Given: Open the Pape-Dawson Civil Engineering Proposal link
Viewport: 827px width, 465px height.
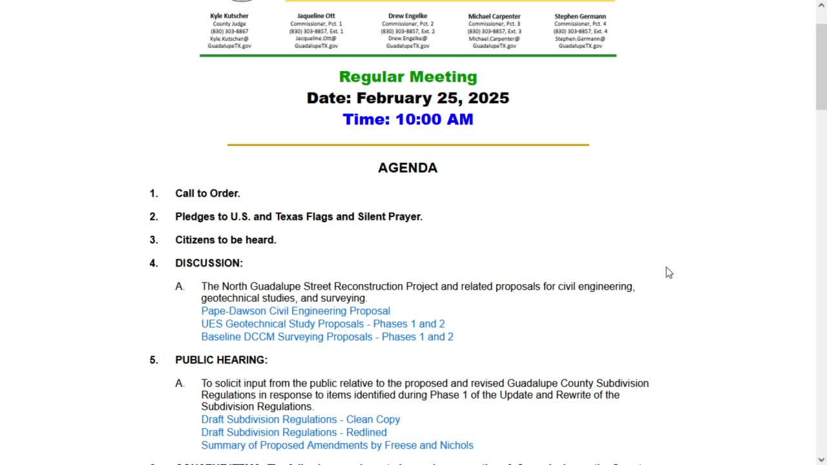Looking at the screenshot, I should (295, 311).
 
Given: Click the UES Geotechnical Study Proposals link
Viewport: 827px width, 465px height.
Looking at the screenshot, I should (322, 324).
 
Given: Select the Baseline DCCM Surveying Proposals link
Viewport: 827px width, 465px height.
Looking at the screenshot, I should (327, 336).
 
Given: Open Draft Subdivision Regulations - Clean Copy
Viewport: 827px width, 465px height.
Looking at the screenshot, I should (300, 419).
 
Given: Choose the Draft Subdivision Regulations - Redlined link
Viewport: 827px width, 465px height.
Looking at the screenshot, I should (293, 432).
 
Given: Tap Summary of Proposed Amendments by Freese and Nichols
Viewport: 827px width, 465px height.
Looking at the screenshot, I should (337, 445).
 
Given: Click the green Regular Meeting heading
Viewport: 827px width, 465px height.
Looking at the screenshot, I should (408, 77).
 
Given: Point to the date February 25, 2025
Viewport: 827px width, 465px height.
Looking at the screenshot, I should (408, 98).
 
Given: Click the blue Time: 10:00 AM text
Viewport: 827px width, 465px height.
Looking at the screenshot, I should (408, 119).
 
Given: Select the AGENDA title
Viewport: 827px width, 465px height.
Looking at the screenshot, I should (408, 168).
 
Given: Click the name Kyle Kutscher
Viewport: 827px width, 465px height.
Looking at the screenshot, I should (229, 16).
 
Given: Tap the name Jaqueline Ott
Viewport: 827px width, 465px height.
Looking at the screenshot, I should (316, 16).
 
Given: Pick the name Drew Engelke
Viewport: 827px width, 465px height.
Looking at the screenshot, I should (408, 16).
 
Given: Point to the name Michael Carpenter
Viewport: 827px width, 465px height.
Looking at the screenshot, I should (494, 16).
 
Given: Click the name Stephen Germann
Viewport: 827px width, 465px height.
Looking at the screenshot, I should (580, 16).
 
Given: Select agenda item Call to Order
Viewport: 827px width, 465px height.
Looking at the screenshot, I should (207, 193).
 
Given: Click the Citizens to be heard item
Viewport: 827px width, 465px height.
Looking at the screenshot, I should (225, 240).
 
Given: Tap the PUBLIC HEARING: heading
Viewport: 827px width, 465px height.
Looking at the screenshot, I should (221, 360).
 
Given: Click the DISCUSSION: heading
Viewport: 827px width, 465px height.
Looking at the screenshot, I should (209, 263).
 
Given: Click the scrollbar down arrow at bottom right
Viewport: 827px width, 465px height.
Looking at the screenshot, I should (821, 460).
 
